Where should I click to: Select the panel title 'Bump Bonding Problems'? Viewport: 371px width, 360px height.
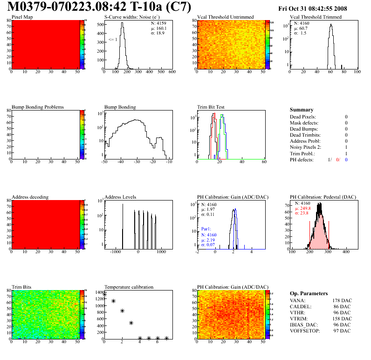pos(38,107)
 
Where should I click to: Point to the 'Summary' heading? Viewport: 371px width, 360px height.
pos(302,110)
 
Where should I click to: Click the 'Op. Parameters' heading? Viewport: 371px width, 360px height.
pos(309,294)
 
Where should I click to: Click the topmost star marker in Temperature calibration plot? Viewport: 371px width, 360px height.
pos(104,294)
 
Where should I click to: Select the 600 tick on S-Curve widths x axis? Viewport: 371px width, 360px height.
pos(172,72)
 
